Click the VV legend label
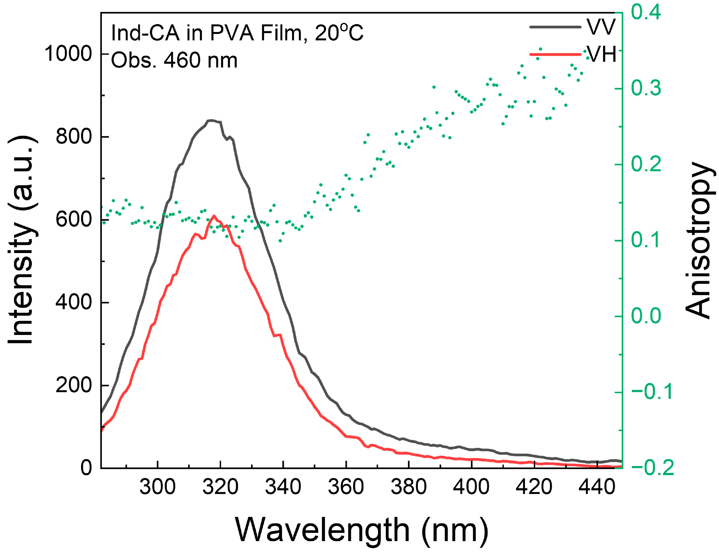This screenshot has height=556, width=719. click(601, 27)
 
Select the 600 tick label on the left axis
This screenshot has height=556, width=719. click(73, 219)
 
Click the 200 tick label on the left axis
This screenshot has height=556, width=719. click(73, 385)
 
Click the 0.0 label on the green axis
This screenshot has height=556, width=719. click(646, 316)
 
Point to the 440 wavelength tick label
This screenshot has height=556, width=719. click(596, 487)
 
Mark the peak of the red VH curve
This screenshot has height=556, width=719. click(214, 216)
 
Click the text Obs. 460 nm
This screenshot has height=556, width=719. click(174, 61)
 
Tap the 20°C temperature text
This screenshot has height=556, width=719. click(339, 33)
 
